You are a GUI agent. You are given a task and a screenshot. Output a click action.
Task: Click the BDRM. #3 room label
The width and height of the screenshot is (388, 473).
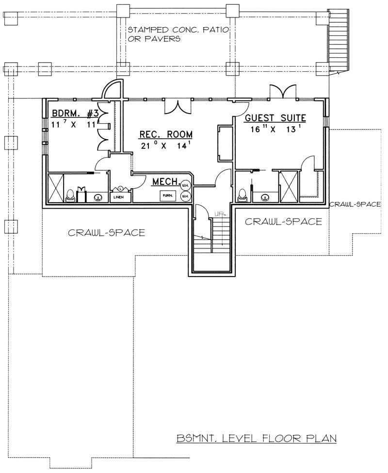pos(75,114)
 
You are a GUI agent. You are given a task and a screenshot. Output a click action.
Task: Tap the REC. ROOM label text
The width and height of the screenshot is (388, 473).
pos(159,134)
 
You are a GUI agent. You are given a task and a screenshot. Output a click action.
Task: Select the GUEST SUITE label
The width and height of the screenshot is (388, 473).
pos(275,117)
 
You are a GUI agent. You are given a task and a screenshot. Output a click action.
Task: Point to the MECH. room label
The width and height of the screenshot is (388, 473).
pos(165,181)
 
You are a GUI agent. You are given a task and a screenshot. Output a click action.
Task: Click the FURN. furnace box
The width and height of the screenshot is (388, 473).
pos(168,195)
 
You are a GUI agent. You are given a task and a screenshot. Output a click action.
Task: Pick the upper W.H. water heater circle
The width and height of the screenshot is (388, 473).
pos(185,184)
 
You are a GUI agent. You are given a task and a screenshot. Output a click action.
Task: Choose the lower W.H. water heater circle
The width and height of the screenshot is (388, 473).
pos(185,196)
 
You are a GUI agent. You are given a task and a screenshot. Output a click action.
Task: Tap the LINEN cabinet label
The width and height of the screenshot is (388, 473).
pos(118,198)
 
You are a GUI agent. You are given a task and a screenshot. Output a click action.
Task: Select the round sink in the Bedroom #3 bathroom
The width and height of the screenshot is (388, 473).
pos(98,197)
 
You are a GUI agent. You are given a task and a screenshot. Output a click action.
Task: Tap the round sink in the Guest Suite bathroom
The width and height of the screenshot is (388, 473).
pos(265,197)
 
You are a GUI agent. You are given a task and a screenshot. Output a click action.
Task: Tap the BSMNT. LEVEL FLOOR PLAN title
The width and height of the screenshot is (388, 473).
pos(257,439)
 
